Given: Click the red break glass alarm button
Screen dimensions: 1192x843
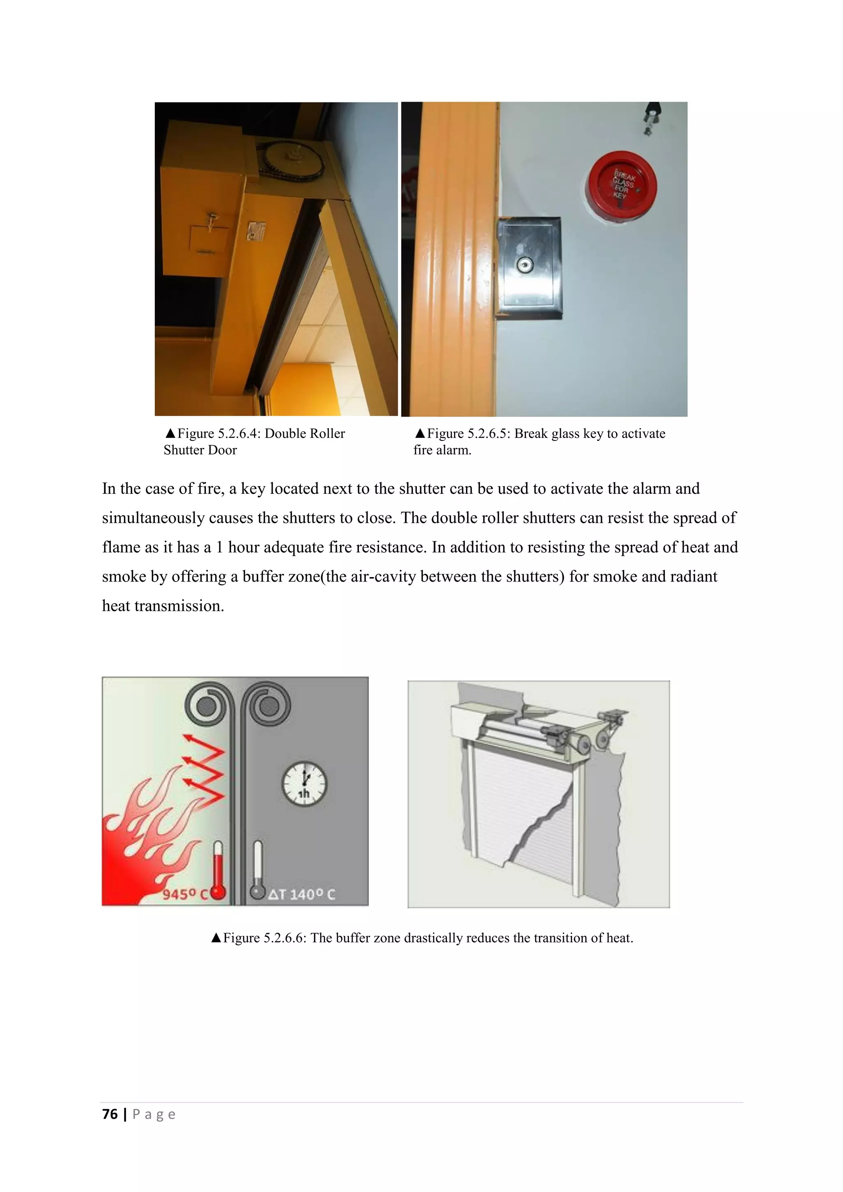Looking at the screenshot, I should (x=622, y=186).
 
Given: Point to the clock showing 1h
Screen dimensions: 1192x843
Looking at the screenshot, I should (x=304, y=783).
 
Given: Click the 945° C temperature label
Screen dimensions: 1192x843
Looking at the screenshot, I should (x=185, y=894).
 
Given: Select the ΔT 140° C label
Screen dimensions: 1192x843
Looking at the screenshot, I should (x=302, y=894).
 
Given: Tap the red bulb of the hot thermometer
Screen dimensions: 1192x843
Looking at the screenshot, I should (x=219, y=892).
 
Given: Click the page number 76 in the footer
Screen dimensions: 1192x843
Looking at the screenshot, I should (x=110, y=1114).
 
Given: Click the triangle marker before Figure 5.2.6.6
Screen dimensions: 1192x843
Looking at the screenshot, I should (x=217, y=938).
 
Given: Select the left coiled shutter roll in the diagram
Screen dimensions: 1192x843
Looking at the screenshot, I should (x=206, y=705).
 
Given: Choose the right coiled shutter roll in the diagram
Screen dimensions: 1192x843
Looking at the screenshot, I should (x=268, y=705).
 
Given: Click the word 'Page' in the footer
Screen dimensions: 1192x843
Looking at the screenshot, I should (x=154, y=1114).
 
